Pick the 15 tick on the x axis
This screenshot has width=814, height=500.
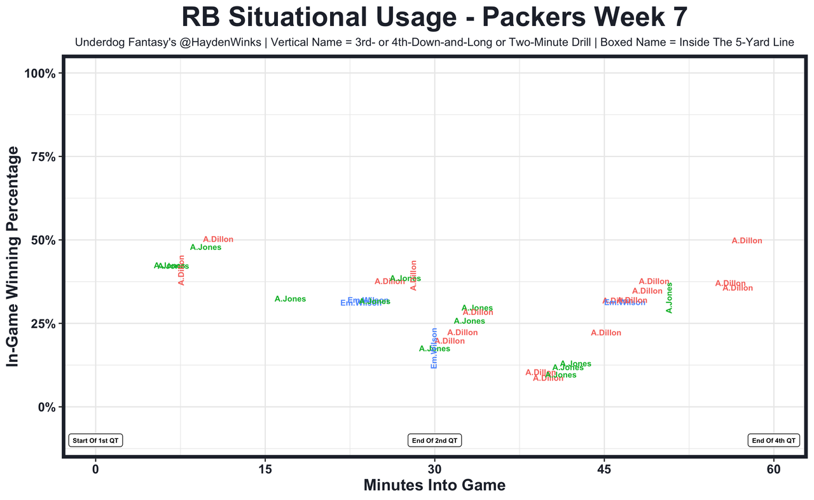coord(265,469)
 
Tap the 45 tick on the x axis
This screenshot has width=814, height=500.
coord(604,469)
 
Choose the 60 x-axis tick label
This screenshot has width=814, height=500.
coord(774,469)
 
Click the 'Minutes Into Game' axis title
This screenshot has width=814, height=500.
coord(434,485)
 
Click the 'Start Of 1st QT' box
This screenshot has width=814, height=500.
coord(95,440)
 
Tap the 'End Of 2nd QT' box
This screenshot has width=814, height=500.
coord(435,440)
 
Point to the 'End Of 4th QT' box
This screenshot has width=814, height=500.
coord(774,440)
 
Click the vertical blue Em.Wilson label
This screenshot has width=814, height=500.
coord(434,348)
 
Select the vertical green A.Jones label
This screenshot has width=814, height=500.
coord(669,298)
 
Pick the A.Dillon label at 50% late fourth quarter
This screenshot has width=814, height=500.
coord(747,241)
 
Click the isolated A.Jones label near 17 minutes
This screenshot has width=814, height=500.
coord(290,299)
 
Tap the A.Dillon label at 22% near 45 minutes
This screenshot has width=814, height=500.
coord(605,333)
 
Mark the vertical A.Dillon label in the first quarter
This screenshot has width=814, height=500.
coord(182,270)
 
